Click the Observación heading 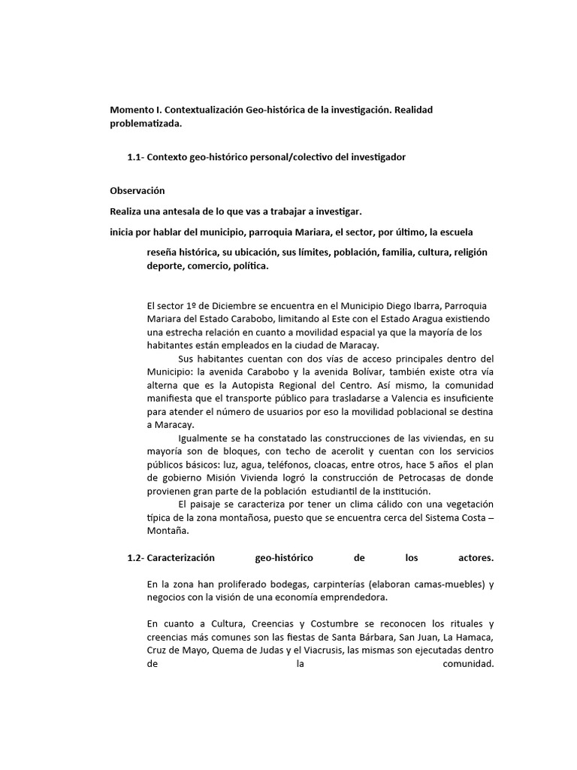(137, 191)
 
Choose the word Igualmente (204, 439)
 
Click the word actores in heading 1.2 (475, 559)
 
